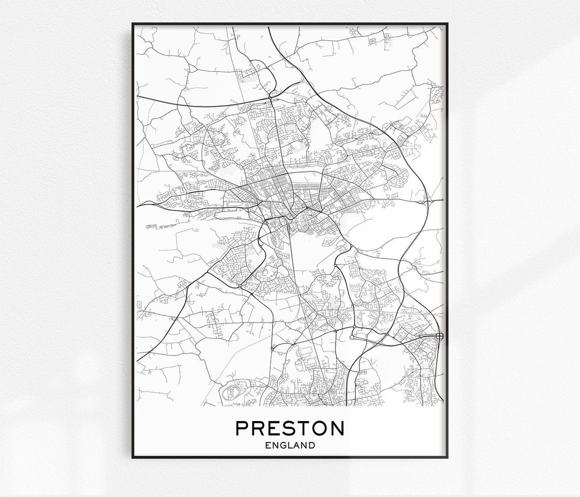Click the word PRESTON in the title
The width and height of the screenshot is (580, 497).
point(289,428)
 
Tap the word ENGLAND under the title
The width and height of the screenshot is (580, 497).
point(289,446)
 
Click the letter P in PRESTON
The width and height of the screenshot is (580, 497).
point(242,428)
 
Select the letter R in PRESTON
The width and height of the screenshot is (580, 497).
point(258,428)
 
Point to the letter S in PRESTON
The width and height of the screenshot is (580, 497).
point(288,428)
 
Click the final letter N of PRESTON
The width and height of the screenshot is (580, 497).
point(337,428)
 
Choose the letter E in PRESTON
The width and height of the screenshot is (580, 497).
point(274,428)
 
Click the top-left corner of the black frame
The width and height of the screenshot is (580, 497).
point(132,23)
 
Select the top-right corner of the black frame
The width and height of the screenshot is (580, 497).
point(447,23)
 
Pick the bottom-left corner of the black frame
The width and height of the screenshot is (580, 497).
point(132,457)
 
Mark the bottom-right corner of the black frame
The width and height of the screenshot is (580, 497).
point(447,457)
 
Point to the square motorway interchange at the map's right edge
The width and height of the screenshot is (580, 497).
point(439,336)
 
